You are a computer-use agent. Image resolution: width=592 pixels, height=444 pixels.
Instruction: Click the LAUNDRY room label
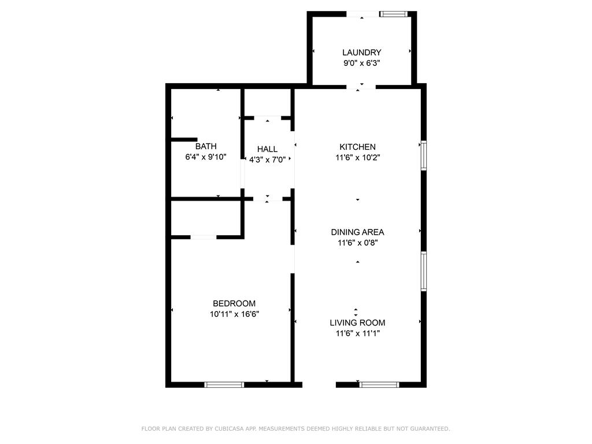362,53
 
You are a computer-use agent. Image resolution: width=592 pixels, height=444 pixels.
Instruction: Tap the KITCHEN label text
357,147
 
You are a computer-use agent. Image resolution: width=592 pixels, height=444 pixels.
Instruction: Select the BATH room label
206,146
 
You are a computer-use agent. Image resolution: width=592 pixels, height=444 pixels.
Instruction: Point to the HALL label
267,149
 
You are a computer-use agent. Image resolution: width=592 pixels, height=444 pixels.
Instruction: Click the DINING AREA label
357,232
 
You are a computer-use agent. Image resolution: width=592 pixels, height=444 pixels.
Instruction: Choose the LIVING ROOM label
357,323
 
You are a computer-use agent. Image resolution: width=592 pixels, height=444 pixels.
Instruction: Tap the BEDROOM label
234,304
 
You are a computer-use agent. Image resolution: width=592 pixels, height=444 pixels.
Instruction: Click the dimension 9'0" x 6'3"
362,63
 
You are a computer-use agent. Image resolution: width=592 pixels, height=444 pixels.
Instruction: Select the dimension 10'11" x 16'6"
235,314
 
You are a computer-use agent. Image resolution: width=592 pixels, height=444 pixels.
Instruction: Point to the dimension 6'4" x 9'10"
206,157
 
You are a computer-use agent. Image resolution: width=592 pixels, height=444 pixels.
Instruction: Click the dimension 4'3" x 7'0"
267,160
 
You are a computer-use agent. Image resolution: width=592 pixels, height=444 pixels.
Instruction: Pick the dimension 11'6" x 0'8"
357,243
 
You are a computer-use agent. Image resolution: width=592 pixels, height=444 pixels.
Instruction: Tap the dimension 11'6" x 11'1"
357,334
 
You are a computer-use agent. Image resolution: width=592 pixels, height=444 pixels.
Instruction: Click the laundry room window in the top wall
393,14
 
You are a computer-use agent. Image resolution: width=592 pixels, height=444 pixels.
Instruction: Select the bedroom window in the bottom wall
224,384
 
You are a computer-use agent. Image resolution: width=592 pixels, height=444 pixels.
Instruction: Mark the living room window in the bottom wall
379,384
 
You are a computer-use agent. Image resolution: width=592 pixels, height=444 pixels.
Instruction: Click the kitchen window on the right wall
424,156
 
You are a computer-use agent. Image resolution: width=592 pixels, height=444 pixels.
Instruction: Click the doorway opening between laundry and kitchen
361,87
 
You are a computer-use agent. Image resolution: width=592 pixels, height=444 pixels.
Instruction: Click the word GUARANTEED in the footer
430,429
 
